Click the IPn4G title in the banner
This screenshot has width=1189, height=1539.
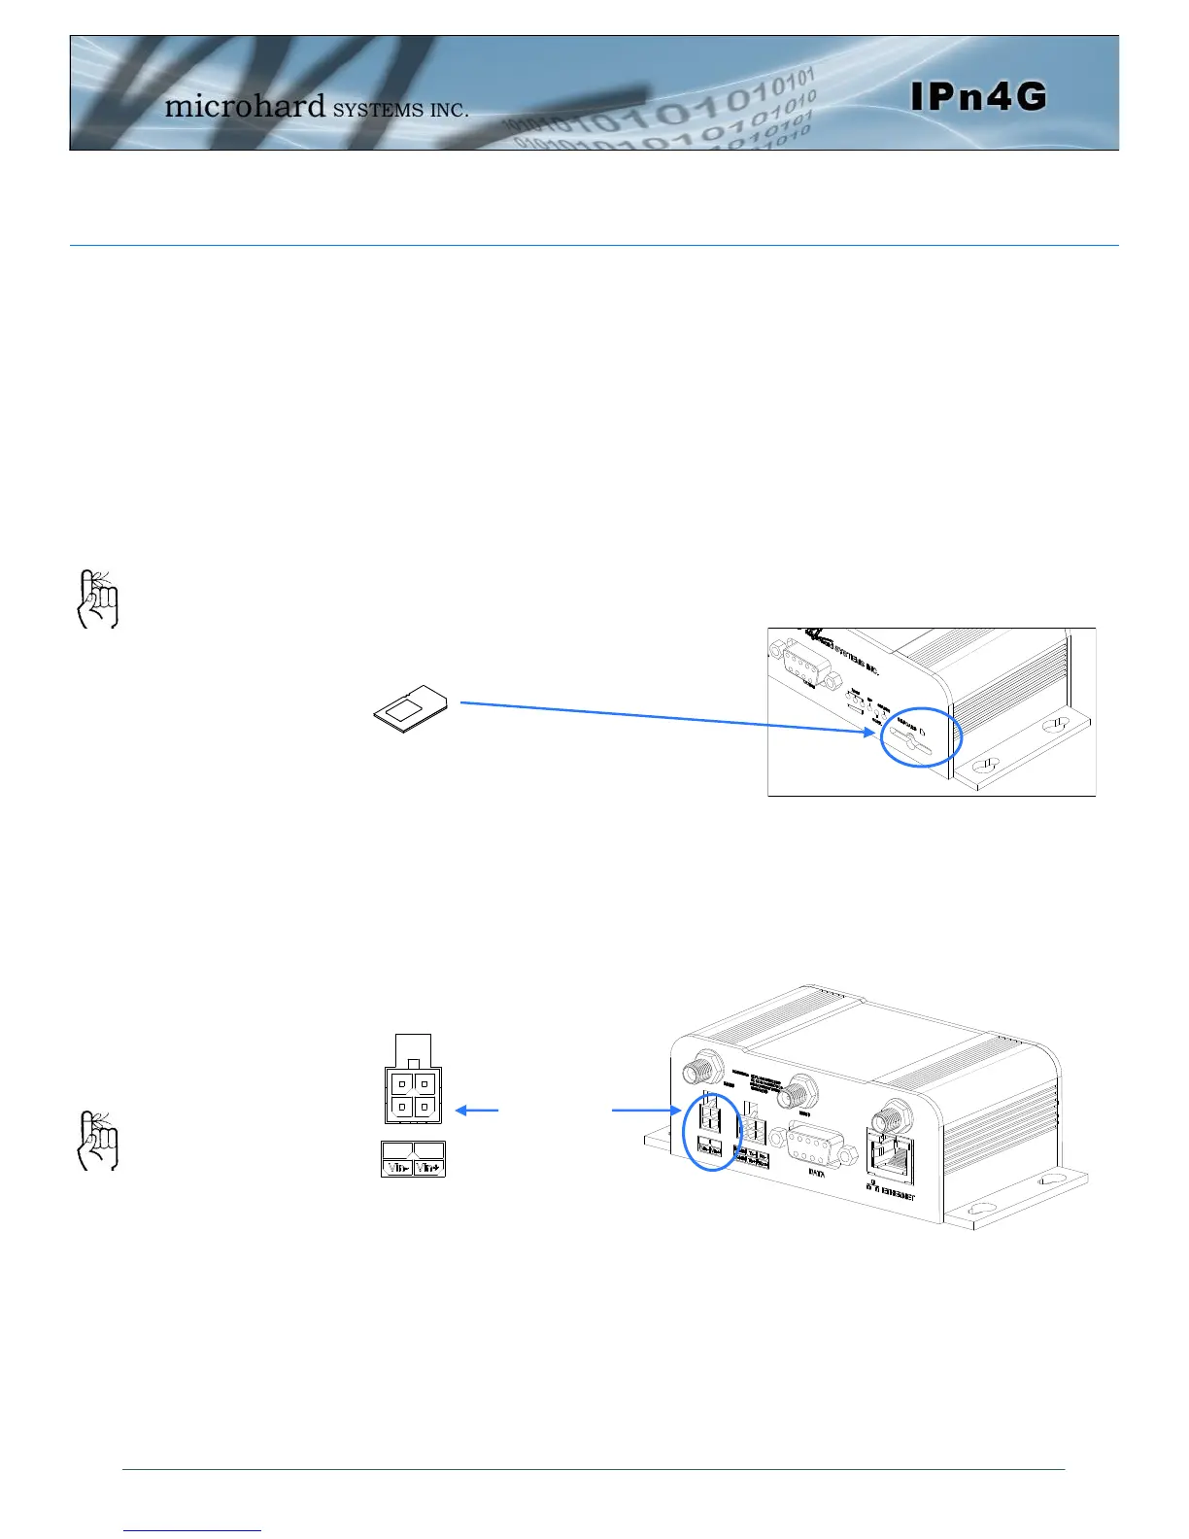click(x=979, y=96)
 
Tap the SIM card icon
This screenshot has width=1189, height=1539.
click(x=411, y=708)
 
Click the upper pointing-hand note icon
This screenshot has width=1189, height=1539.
click(x=97, y=598)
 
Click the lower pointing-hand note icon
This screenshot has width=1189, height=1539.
click(x=97, y=1140)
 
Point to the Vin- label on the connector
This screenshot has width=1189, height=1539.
click(x=397, y=1168)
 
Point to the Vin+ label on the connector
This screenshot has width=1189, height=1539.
click(x=429, y=1168)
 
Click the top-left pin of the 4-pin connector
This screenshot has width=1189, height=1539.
click(x=401, y=1083)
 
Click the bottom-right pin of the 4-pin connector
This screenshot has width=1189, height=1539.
click(x=425, y=1107)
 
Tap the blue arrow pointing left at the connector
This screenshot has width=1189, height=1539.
click(x=476, y=1110)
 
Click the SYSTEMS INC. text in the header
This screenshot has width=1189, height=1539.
click(x=400, y=110)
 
